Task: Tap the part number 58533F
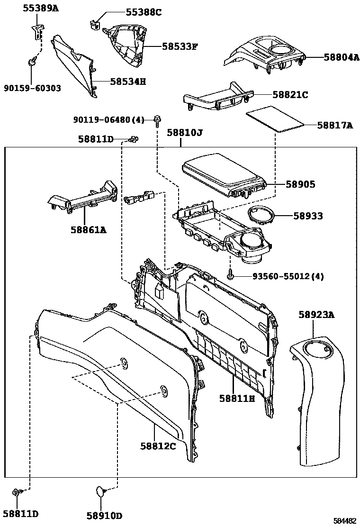pos(180,46)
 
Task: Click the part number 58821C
pos(290,95)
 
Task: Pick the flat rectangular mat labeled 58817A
pos(275,120)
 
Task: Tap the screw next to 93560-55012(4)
pos(231,275)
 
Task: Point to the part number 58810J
pos(184,133)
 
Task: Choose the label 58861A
pos(89,230)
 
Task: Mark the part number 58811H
pos(237,399)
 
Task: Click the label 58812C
pos(158,446)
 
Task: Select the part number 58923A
pos(316,314)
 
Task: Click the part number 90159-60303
pos(32,88)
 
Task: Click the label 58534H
pos(128,82)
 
